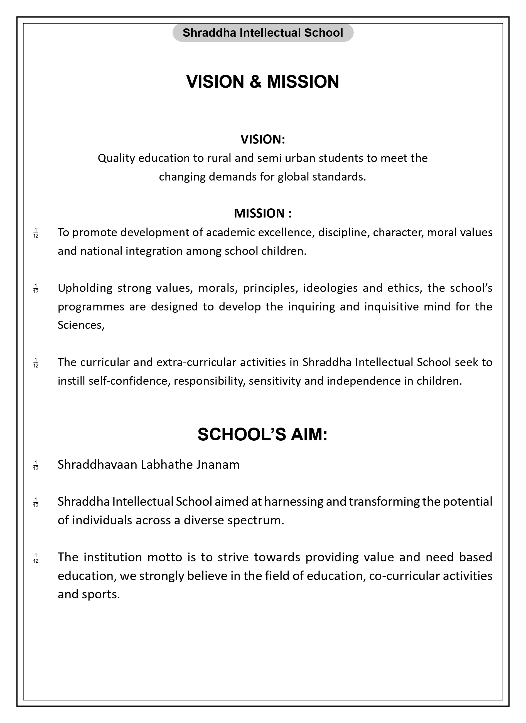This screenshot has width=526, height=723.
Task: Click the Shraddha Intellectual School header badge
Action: click(x=262, y=33)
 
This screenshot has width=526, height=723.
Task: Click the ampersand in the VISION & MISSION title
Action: click(x=255, y=82)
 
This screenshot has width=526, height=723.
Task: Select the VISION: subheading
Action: click(x=262, y=139)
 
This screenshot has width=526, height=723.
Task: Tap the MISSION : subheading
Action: click(x=262, y=213)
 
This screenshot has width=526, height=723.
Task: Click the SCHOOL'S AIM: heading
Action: click(x=262, y=434)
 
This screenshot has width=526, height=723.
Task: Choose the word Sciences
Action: click(x=81, y=325)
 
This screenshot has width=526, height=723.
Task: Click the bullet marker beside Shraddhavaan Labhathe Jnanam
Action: click(x=36, y=465)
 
